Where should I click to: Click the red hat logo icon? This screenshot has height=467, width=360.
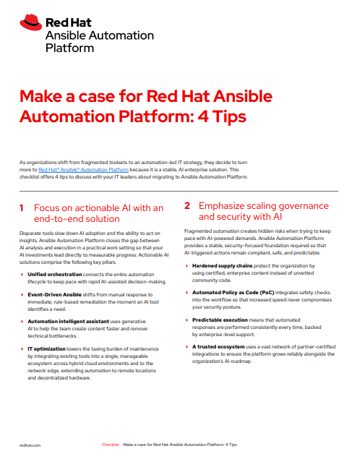30,22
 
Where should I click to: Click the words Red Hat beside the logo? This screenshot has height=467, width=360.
69,22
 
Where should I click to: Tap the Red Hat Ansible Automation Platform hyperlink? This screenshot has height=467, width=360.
83,169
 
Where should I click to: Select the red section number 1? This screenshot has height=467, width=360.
22,208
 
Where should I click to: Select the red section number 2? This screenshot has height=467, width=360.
187,205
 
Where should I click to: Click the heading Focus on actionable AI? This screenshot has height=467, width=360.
98,213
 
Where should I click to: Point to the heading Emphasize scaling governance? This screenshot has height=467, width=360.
264,211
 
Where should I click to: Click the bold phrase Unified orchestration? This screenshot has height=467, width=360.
55,274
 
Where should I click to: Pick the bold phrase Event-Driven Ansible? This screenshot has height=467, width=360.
54,294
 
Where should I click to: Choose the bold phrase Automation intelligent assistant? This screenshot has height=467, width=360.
68,322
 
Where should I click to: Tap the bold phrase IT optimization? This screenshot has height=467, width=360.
46,348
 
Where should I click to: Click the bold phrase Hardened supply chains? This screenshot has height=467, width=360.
222,265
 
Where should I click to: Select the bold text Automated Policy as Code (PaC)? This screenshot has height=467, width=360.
233,293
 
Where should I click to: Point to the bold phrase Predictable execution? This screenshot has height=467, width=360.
220,320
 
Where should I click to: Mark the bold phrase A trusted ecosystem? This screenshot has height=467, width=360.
218,347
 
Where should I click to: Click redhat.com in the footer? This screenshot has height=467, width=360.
30,445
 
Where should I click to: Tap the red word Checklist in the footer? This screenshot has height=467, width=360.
110,445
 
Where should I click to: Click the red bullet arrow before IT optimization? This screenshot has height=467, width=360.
22,348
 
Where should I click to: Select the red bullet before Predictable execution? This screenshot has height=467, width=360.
187,320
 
